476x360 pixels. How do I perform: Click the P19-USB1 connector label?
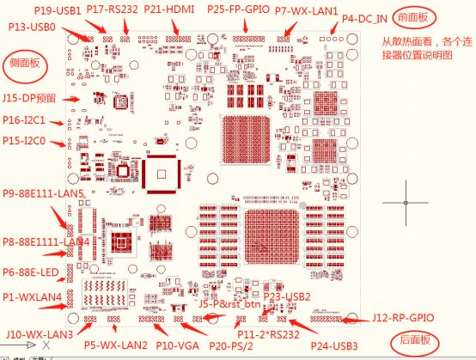58,10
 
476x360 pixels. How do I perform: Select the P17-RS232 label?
113,9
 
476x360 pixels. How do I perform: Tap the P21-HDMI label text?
170,9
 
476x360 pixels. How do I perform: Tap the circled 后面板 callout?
414,339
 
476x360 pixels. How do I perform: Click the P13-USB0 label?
33,27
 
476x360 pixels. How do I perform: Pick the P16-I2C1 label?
24,120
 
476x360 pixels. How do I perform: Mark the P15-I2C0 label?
24,140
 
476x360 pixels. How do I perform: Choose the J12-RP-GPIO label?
403,318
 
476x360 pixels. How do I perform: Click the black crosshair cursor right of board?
406,203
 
